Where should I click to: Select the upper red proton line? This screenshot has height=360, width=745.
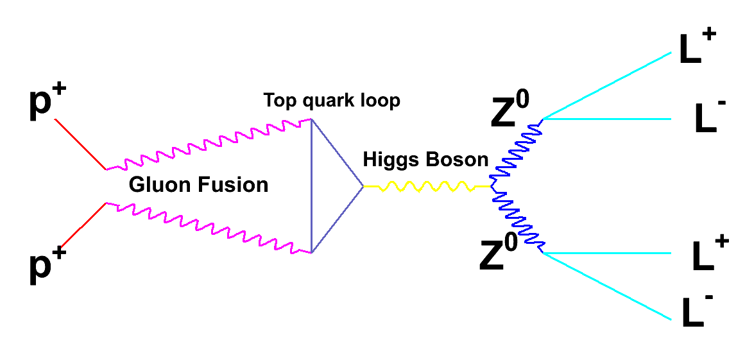[80, 144]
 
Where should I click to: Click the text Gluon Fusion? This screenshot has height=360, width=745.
[198, 185]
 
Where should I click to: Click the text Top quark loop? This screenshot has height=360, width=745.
[331, 101]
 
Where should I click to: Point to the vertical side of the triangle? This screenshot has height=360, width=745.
[312, 186]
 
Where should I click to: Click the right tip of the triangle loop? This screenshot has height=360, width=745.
[363, 187]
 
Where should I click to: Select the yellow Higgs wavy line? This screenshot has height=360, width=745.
[427, 187]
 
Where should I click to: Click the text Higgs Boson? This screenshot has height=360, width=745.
[425, 159]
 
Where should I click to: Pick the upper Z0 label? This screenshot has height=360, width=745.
[510, 112]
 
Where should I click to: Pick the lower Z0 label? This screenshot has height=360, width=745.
[500, 254]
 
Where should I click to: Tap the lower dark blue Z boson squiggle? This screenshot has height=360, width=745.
[518, 220]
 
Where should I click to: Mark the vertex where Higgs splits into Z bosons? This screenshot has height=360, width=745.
[492, 187]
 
